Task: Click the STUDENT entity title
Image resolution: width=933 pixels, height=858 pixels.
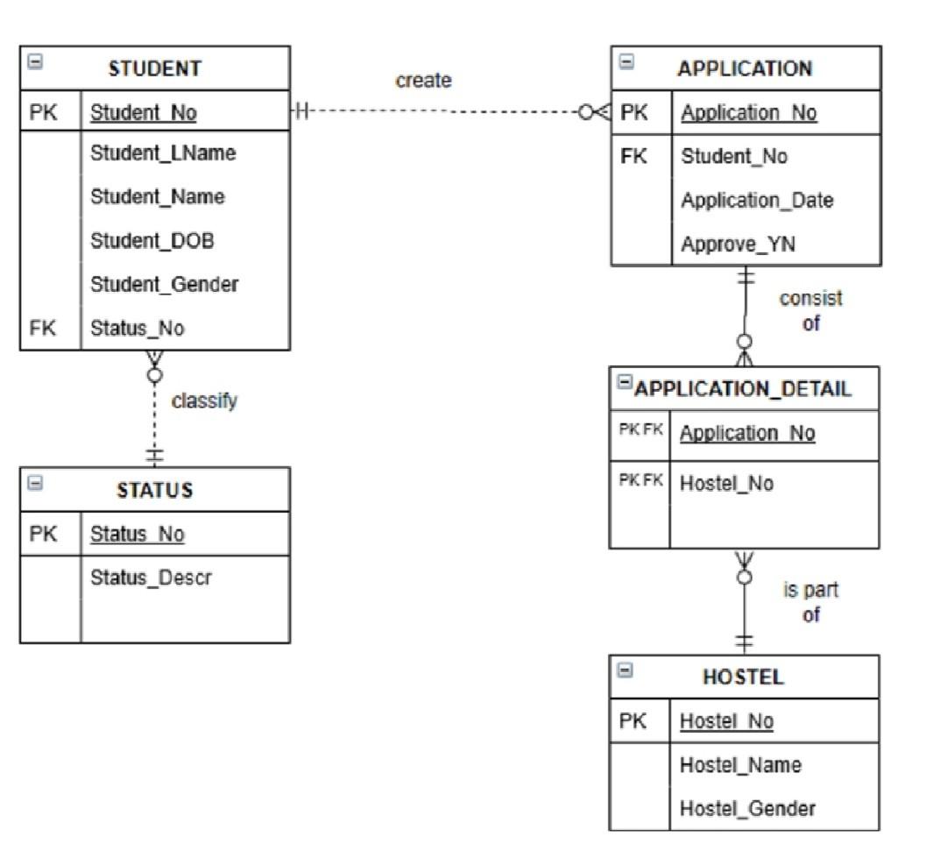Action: (155, 68)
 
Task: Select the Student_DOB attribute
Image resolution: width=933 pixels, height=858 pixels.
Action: (152, 240)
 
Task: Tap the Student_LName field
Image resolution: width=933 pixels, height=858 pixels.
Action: (163, 153)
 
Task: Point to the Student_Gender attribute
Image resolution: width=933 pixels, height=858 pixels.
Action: (164, 284)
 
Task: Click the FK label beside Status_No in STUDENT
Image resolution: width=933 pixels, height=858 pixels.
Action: (42, 328)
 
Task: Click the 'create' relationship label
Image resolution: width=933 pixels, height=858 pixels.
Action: (423, 81)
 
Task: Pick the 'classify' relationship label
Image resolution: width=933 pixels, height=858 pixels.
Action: (204, 401)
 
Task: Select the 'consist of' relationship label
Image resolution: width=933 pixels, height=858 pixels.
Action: (810, 310)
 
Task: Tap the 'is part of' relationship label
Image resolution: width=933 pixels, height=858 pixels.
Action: (810, 602)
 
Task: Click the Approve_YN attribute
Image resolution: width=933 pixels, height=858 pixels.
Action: (739, 244)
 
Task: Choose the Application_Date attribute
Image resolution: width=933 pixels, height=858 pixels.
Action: (757, 200)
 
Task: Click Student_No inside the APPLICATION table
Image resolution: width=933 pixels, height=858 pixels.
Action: (734, 156)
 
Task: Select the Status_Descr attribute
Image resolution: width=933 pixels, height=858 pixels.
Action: (151, 578)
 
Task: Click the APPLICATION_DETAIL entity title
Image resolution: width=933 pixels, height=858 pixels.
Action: (742, 389)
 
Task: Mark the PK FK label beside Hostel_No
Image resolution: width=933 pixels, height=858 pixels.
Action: (640, 480)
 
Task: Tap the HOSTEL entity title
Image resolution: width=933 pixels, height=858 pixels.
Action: (743, 677)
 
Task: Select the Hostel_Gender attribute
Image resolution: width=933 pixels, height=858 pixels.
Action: (747, 808)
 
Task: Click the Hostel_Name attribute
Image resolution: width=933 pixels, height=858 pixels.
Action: (740, 765)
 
